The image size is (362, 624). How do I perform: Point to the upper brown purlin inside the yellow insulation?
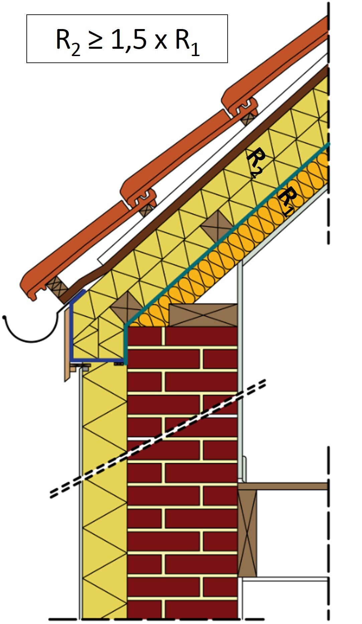217,226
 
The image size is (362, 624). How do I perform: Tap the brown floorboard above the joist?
284,486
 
